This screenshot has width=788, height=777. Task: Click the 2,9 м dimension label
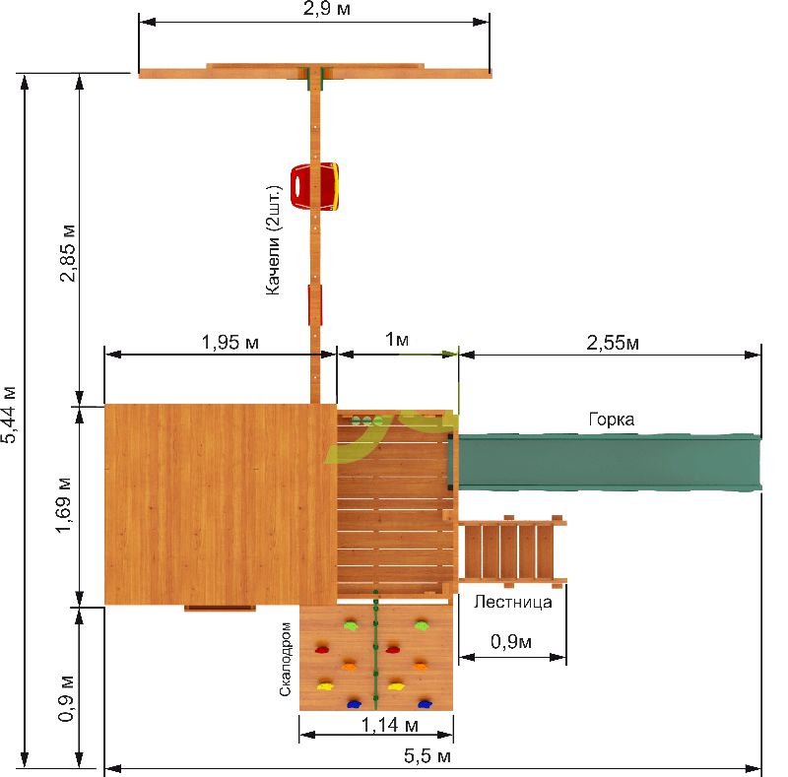pos(327,9)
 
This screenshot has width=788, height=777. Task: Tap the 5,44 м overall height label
pos(10,415)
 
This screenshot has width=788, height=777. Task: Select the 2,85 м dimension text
pos(68,253)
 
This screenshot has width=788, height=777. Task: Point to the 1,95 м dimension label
pos(230,343)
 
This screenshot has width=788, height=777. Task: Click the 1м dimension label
pos(397,340)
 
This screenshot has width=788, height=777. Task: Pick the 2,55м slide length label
pos(613,343)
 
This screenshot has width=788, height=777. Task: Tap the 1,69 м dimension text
pos(64,505)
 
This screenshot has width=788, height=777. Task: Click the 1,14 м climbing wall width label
pos(390,725)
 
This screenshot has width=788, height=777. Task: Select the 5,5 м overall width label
pos(427,756)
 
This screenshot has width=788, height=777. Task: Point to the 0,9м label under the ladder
pos(511,642)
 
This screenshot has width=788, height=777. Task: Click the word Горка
pos(611,420)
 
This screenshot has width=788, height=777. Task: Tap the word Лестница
pos(512,602)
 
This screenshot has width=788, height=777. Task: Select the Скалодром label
pos(285,659)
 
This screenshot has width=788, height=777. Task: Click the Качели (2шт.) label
pos(273,240)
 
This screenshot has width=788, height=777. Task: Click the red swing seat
pos(314,186)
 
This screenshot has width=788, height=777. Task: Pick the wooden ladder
pos(512,551)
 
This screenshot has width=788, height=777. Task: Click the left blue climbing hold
pos(355,703)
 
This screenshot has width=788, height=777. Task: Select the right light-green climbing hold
pos(421,625)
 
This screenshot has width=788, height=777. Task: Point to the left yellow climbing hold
pos(325,685)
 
